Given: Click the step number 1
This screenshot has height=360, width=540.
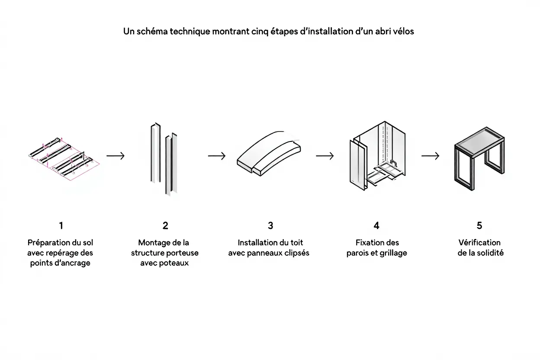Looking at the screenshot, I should (x=61, y=225).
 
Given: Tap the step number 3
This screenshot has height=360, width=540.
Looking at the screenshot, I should (x=270, y=225).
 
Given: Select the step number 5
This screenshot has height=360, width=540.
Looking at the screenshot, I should (x=479, y=225).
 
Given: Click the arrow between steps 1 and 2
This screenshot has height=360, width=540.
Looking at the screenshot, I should (x=116, y=156).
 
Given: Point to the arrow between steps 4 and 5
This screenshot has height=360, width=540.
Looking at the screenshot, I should (x=430, y=156).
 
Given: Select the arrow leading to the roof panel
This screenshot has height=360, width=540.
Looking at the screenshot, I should (x=217, y=156).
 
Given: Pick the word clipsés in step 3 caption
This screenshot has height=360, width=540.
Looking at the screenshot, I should (x=296, y=253).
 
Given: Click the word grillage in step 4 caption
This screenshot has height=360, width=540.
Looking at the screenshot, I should (x=393, y=253).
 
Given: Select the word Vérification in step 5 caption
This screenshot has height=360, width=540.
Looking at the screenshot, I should (x=479, y=243).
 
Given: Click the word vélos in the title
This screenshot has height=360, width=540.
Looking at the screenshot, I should (x=402, y=32).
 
